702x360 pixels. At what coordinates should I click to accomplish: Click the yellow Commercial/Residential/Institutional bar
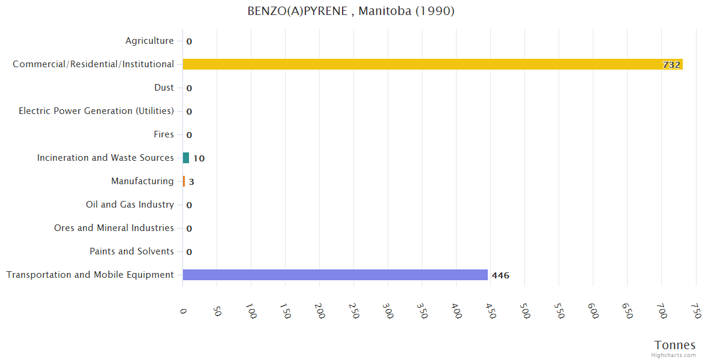432,64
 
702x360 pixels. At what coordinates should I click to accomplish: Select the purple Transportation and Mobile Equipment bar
335,275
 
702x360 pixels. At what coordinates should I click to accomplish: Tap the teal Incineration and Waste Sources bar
186,158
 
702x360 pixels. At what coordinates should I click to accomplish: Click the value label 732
671,65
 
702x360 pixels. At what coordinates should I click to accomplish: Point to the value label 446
500,275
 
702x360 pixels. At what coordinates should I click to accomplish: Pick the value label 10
199,158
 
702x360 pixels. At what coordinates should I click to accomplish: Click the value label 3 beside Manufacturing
191,182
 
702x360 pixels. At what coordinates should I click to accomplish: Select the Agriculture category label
149,41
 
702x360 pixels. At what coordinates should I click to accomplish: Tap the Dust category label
164,88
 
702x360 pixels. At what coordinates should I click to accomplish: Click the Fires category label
163,134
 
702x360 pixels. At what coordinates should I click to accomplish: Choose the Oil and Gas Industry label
130,205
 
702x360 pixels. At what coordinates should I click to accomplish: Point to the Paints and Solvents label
131,251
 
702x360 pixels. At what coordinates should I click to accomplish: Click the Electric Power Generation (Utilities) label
96,111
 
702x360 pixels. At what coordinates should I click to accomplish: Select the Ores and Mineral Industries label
114,228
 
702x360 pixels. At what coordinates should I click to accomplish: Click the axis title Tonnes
675,345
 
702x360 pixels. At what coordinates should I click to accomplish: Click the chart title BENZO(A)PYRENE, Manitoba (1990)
351,11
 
